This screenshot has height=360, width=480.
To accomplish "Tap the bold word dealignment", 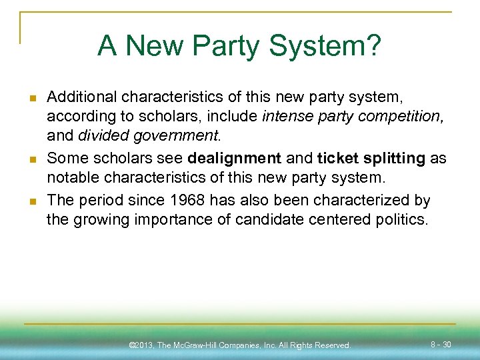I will [x=235, y=158].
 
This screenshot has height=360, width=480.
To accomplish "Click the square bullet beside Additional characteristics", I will [x=32, y=99].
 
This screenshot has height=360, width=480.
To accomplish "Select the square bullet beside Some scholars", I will [x=32, y=159].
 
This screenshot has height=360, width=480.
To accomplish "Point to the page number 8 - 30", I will [x=441, y=345].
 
